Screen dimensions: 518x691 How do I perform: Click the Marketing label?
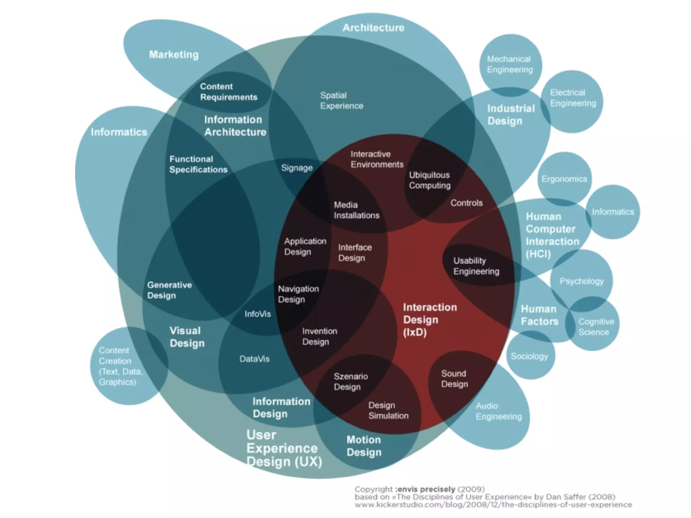tap(174, 55)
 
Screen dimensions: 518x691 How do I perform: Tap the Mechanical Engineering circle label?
tap(509, 64)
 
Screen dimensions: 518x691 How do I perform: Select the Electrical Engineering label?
tap(573, 98)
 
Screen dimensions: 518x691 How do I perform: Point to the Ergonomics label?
tap(564, 179)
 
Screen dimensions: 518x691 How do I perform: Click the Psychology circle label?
tap(581, 281)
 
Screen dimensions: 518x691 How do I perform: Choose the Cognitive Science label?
tap(596, 327)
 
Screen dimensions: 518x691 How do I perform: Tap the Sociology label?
tap(529, 356)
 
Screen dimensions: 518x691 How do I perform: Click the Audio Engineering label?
tap(498, 411)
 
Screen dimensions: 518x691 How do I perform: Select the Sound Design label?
tap(454, 379)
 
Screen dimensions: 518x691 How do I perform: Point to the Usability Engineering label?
tap(476, 266)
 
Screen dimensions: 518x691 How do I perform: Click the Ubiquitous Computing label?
tap(430, 180)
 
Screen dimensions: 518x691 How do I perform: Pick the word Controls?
tap(466, 203)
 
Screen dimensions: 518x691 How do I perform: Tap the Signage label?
tap(297, 168)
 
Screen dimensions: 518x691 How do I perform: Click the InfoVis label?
tap(257, 314)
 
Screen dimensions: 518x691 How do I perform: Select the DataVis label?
tap(254, 359)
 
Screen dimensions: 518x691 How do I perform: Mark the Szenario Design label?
tap(351, 381)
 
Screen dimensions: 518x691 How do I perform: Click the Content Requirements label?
tap(228, 92)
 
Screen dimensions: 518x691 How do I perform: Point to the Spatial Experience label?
tap(341, 101)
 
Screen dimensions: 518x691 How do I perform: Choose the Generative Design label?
tap(169, 290)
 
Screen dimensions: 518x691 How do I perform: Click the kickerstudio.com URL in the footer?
tap(493, 505)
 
